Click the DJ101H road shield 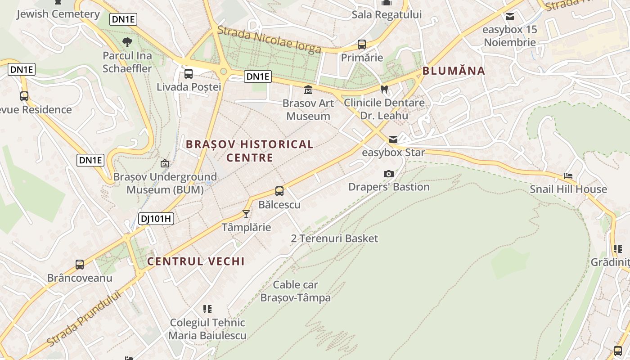pyautogui.click(x=156, y=219)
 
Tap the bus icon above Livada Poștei pyautogui.click(x=189, y=73)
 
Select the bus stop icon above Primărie pyautogui.click(x=361, y=44)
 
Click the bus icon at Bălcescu pyautogui.click(x=279, y=191)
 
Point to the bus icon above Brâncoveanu pyautogui.click(x=80, y=265)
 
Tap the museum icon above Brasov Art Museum pyautogui.click(x=308, y=90)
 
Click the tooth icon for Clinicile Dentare pyautogui.click(x=384, y=89)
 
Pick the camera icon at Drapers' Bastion pyautogui.click(x=388, y=174)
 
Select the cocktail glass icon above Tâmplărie pyautogui.click(x=246, y=214)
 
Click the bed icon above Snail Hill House pyautogui.click(x=568, y=176)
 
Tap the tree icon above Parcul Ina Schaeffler pyautogui.click(x=127, y=42)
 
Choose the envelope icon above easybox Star pyautogui.click(x=393, y=139)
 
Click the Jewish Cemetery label pyautogui.click(x=58, y=14)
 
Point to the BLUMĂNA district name pyautogui.click(x=454, y=71)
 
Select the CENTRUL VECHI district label pyautogui.click(x=196, y=261)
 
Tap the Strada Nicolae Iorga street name pyautogui.click(x=269, y=40)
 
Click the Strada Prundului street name pyautogui.click(x=84, y=319)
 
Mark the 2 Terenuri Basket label pyautogui.click(x=334, y=238)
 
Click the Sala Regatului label pyautogui.click(x=387, y=14)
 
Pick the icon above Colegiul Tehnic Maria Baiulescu pyautogui.click(x=207, y=309)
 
